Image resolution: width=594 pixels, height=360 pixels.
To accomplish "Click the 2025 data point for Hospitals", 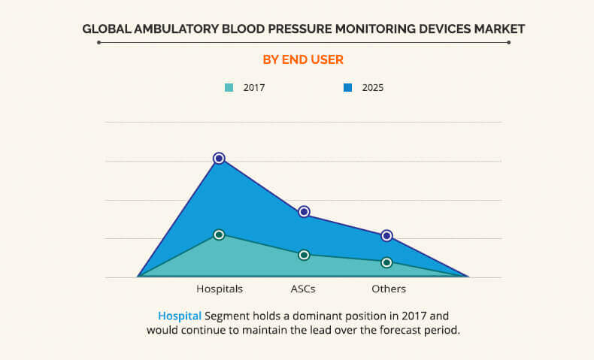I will pos(219,158).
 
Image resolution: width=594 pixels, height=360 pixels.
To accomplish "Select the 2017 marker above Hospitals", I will pos(219,234).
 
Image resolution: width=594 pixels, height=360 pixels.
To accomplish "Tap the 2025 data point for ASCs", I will pos(304,212).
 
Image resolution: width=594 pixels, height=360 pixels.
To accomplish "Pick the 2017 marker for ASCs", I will pos(304,255).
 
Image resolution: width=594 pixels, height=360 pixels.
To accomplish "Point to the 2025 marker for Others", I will pos(386,235).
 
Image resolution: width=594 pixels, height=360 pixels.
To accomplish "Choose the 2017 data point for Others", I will pos(386,262).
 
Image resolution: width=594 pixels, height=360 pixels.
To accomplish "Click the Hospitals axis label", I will pos(220,289).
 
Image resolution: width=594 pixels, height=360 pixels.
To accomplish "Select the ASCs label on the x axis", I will pos(303,289).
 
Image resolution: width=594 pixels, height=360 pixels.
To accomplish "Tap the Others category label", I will pos(389,289).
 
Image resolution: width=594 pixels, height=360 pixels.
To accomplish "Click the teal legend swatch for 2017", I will pos(229,88).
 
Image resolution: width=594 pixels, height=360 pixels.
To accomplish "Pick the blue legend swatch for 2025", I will pos(348,88).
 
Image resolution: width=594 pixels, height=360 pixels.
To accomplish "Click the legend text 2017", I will pos(254,88).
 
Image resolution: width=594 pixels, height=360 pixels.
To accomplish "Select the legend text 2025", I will pos(373,88).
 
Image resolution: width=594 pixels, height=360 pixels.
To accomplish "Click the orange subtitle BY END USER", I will pos(304,59).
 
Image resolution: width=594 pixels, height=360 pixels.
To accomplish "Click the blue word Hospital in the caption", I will pos(180,316).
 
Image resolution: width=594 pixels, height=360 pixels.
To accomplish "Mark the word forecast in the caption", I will pos(402,329).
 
